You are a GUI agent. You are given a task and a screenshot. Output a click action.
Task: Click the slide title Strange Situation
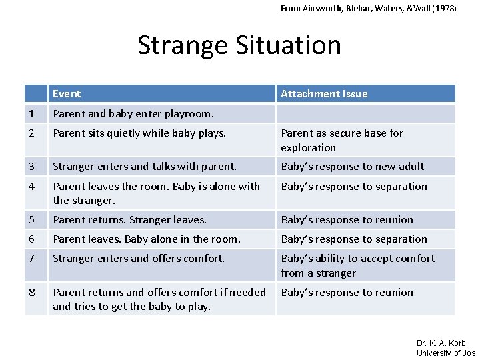(x=239, y=45)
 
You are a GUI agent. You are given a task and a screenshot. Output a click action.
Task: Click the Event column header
(x=67, y=94)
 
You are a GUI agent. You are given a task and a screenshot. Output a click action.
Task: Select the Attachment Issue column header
(x=324, y=94)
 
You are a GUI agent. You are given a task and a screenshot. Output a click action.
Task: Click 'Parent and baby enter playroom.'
(x=133, y=113)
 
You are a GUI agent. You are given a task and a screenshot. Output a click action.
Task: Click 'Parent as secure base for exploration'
(x=341, y=140)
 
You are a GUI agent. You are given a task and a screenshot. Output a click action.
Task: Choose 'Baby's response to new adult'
(x=352, y=167)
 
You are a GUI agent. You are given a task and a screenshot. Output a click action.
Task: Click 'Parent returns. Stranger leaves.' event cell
(x=130, y=220)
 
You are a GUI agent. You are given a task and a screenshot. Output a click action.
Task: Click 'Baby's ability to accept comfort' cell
(x=357, y=265)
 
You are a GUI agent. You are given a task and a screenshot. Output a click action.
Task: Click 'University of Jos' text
(x=446, y=353)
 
